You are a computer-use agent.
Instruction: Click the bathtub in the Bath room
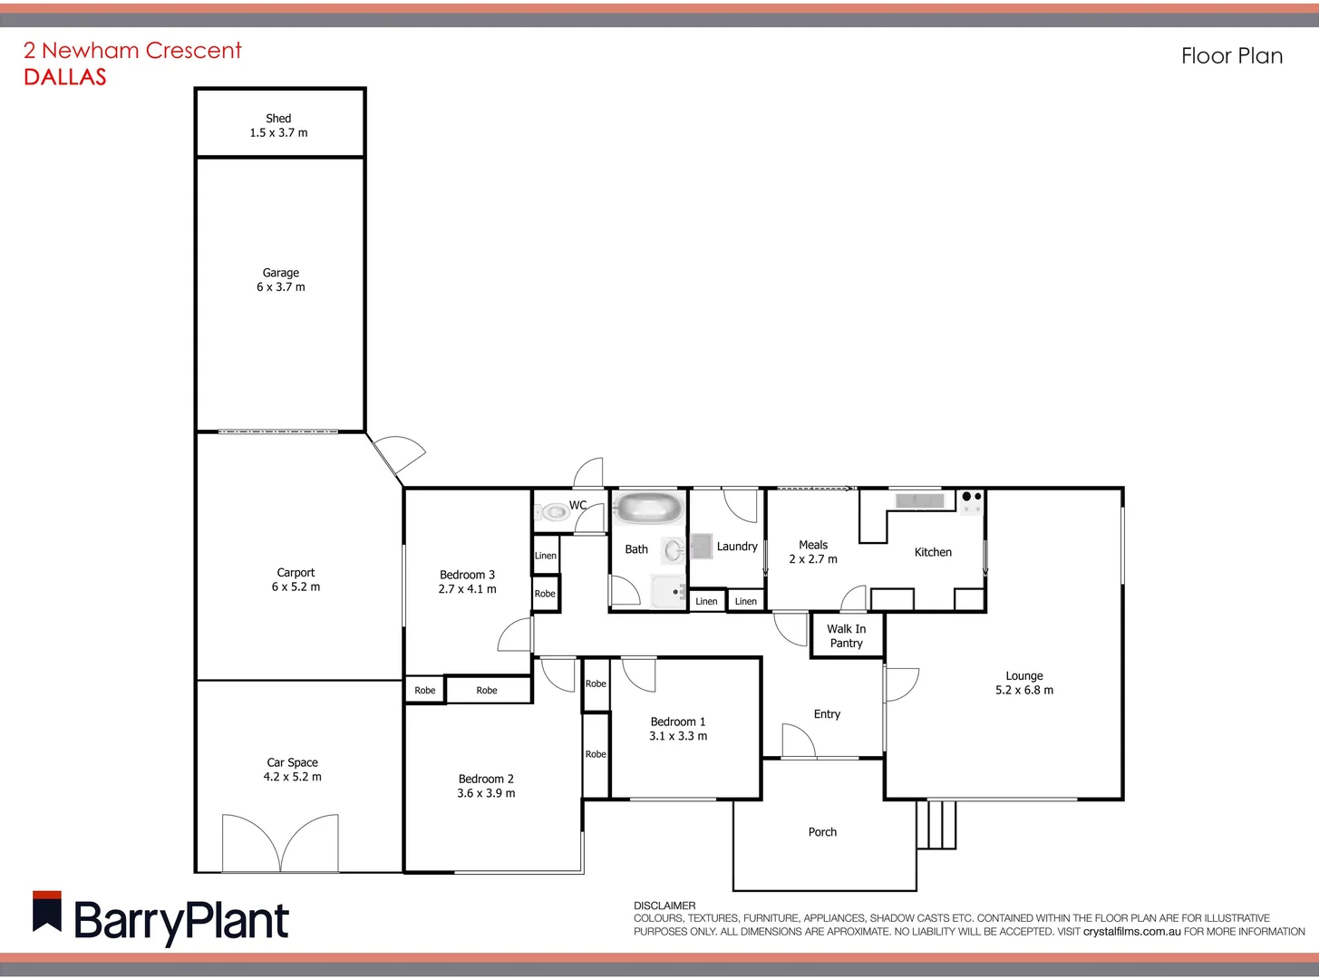[647, 508]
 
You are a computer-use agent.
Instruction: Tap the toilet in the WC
[553, 513]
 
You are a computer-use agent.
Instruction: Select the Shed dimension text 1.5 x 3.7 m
[278, 133]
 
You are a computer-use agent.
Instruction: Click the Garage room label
[280, 273]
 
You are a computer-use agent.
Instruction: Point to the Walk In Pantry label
[846, 635]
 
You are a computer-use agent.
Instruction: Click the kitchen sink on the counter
[919, 500]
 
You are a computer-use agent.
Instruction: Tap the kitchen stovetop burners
[972, 498]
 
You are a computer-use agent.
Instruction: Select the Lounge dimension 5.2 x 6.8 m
[1024, 691]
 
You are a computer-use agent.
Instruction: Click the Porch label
[822, 832]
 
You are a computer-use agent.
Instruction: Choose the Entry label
[827, 714]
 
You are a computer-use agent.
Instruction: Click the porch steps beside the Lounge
[936, 824]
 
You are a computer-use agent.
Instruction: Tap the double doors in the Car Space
[280, 843]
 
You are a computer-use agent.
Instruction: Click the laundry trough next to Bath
[702, 546]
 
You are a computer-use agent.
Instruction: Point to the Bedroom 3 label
[467, 575]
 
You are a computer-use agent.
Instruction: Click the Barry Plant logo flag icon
[47, 911]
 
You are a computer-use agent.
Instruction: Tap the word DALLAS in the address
[65, 77]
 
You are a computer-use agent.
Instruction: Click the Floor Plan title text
[1231, 56]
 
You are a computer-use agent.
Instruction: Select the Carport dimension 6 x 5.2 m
[296, 587]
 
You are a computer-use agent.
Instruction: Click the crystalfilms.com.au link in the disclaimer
[1130, 931]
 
